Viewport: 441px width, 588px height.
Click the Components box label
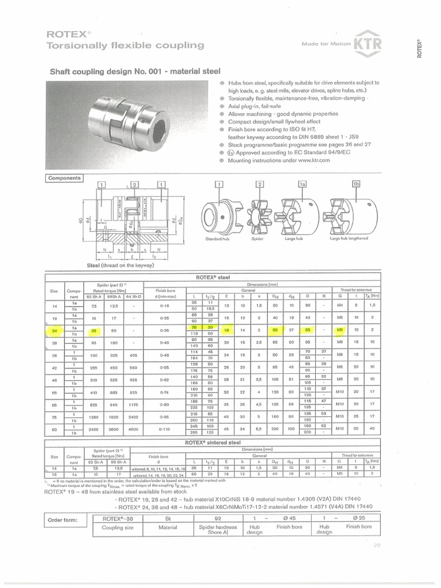click(x=64, y=179)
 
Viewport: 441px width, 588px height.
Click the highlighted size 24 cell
click(x=54, y=331)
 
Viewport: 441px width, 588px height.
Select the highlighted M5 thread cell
click(x=340, y=331)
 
